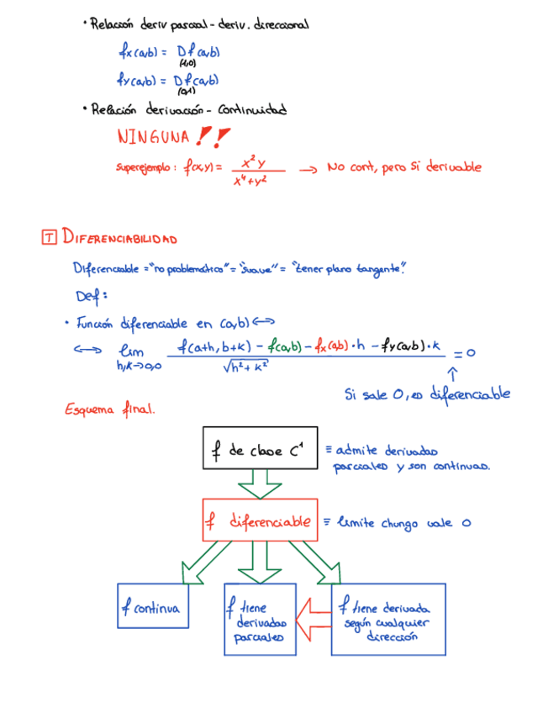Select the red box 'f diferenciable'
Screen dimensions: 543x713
point(260,521)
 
